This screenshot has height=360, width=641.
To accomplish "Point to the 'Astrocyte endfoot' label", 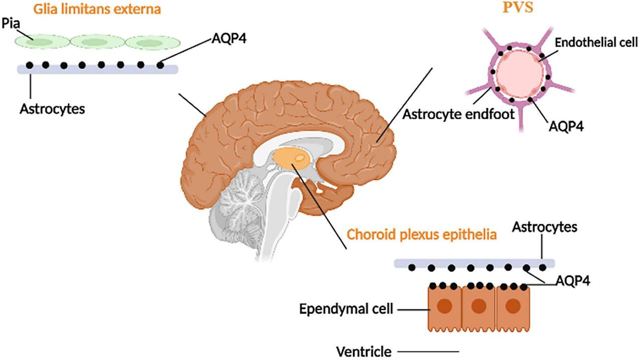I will point(459,114).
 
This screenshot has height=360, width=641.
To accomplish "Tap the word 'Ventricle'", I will point(364,351).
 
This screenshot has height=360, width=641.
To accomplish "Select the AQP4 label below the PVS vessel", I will point(566,125).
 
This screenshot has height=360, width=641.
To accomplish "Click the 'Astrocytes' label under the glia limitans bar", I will point(52,108).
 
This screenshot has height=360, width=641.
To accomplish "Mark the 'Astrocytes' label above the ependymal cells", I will point(544,227).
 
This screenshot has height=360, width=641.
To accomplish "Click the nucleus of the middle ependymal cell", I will point(479,305).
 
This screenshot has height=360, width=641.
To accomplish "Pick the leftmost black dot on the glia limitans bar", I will point(30,65).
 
